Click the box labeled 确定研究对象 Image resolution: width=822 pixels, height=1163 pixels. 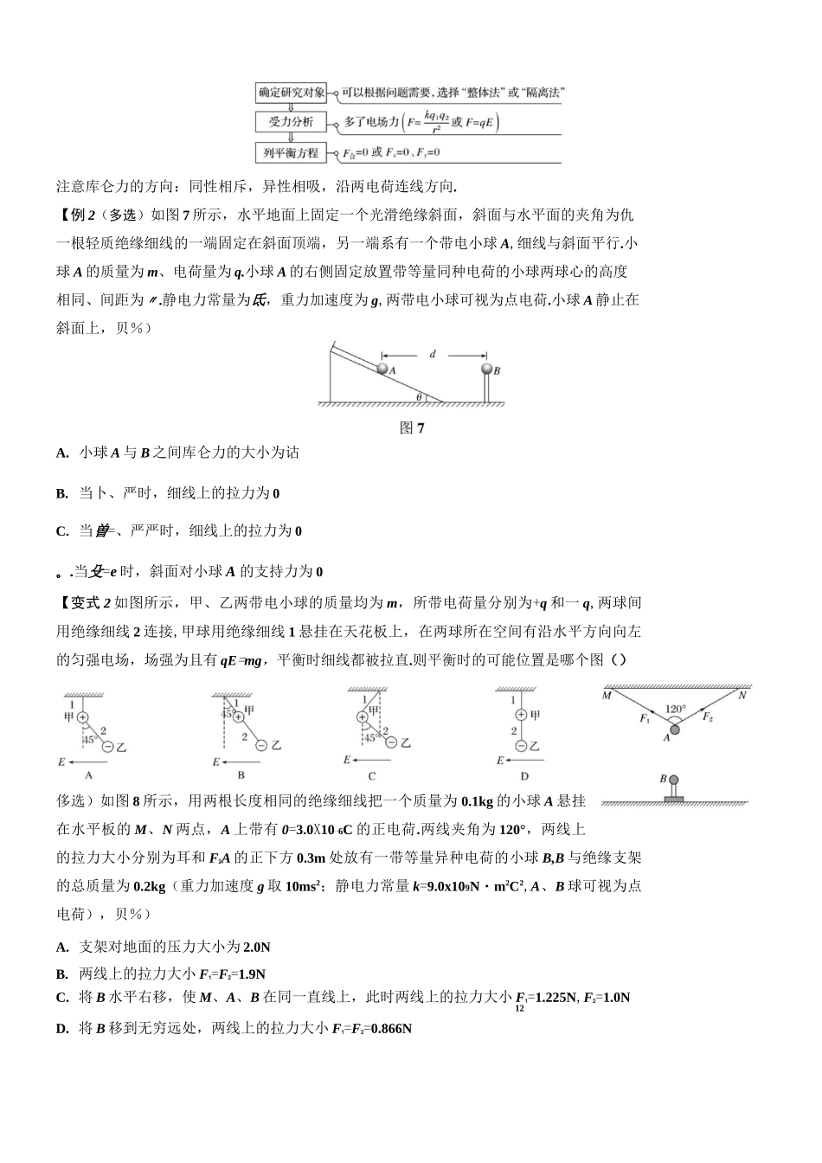292,92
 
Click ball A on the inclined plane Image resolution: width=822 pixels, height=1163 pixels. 381,369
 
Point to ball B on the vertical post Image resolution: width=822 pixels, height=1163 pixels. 487,369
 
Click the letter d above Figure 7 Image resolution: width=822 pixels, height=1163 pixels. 433,354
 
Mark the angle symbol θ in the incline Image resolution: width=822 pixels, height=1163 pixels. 419,397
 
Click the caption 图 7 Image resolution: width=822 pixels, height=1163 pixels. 412,428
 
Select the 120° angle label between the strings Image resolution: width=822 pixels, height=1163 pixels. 675,710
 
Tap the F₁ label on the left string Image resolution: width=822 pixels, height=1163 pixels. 644,719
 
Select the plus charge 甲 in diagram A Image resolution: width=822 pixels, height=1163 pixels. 83,716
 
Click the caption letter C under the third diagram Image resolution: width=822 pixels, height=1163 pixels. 372,776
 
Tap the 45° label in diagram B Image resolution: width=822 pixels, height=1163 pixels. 228,714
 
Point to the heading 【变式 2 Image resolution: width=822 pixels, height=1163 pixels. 85,603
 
